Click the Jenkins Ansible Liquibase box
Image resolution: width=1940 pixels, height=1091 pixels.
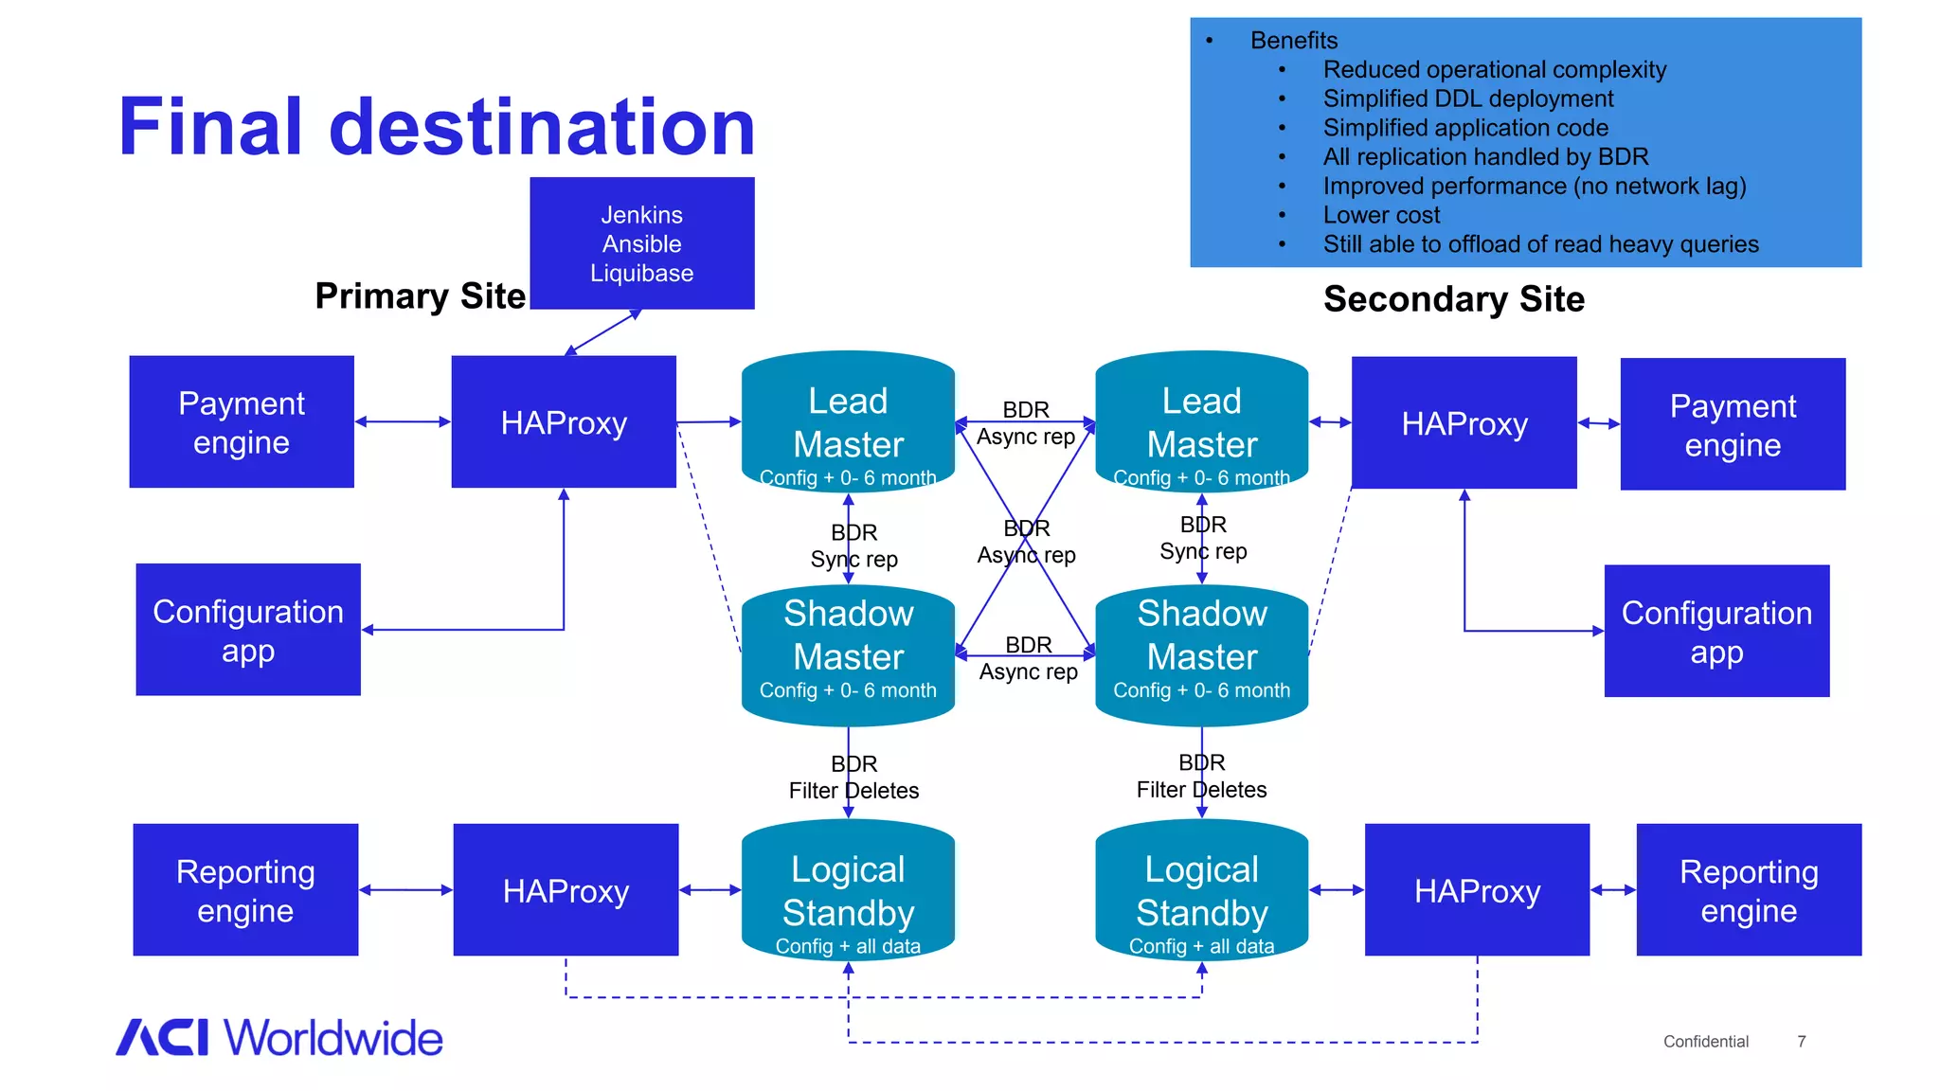[641, 243]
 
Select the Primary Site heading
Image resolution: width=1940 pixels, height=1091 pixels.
[420, 295]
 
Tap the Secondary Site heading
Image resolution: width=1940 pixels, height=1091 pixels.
[1453, 299]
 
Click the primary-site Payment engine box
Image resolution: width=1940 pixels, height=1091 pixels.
[242, 422]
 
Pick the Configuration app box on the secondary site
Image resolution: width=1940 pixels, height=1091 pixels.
[1715, 632]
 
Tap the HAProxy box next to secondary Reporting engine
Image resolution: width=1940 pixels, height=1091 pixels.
[1476, 890]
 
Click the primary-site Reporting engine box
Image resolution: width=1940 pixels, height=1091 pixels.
[245, 890]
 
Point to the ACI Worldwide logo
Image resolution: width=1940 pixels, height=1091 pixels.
[279, 1038]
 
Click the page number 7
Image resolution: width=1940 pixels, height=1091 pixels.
[1801, 1042]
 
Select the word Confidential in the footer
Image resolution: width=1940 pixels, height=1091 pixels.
[1705, 1042]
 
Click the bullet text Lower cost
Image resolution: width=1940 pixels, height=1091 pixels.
[1380, 215]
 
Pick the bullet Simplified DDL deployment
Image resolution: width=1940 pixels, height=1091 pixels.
[1467, 98]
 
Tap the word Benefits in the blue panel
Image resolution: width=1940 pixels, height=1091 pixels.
[1293, 41]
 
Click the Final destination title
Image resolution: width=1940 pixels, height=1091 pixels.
[437, 127]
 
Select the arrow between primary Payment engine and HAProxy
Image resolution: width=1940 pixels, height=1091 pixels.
[403, 421]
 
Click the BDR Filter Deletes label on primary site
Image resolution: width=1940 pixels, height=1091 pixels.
[853, 778]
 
